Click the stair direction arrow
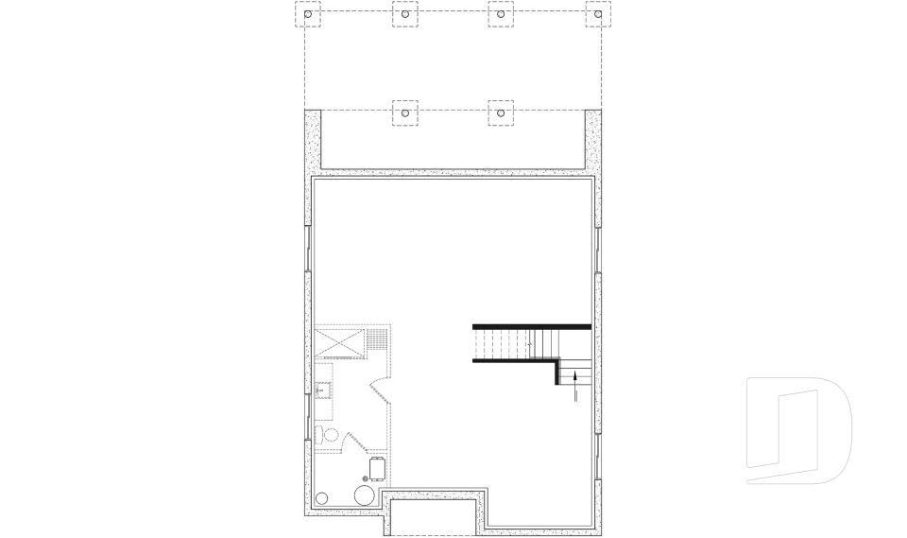coord(575,387)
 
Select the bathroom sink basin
coord(322,389)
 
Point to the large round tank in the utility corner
coord(364,495)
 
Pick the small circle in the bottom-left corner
coord(322,497)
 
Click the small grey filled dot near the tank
coord(365,478)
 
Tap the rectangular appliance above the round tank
coord(378,468)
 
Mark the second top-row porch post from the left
coord(404,13)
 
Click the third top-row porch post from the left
coord(501,13)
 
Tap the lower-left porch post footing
coord(404,112)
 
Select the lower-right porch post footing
coord(501,112)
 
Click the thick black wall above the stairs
coord(532,326)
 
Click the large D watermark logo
coord(798,431)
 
